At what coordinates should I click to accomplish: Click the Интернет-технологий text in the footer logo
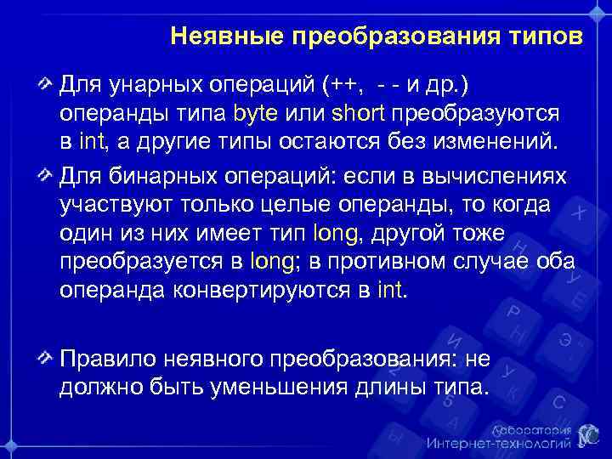pyautogui.click(x=498, y=443)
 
